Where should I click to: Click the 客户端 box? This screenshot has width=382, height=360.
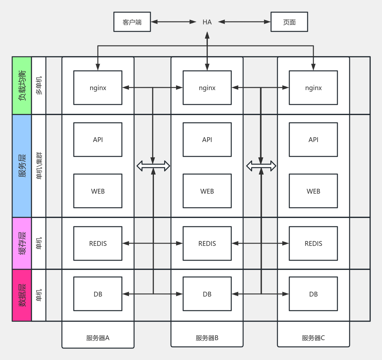coord(132,22)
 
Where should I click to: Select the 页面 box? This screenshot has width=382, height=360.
coord(289,22)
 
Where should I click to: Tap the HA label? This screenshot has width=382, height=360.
coord(207,22)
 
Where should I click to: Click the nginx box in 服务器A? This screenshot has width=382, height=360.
coord(98,88)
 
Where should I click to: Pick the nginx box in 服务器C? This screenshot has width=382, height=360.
coord(313,88)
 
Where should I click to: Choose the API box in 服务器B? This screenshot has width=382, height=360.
coord(207,139)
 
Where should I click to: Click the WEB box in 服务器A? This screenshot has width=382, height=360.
coord(98,191)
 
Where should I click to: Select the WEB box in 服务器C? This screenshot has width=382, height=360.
coord(313,191)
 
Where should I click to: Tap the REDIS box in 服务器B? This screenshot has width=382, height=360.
coord(207,244)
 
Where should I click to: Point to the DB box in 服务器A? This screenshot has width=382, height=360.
coord(98,294)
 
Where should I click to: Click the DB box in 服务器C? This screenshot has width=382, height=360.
coord(313,294)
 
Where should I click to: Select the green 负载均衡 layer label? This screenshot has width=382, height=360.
coord(22,86)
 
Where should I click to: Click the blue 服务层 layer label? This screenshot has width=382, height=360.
coord(22,166)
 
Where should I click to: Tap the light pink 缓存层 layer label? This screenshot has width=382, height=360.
coord(22,243)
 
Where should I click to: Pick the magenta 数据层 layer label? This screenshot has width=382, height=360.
coord(22,295)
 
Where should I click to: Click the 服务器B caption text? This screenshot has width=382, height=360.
coord(207,338)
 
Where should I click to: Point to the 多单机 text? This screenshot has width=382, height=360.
coord(39,86)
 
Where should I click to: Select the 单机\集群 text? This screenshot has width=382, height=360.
coord(39,166)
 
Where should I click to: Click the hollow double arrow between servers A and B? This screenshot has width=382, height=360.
coord(153,166)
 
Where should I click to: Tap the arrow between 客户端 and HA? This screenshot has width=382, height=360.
coord(174,22)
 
